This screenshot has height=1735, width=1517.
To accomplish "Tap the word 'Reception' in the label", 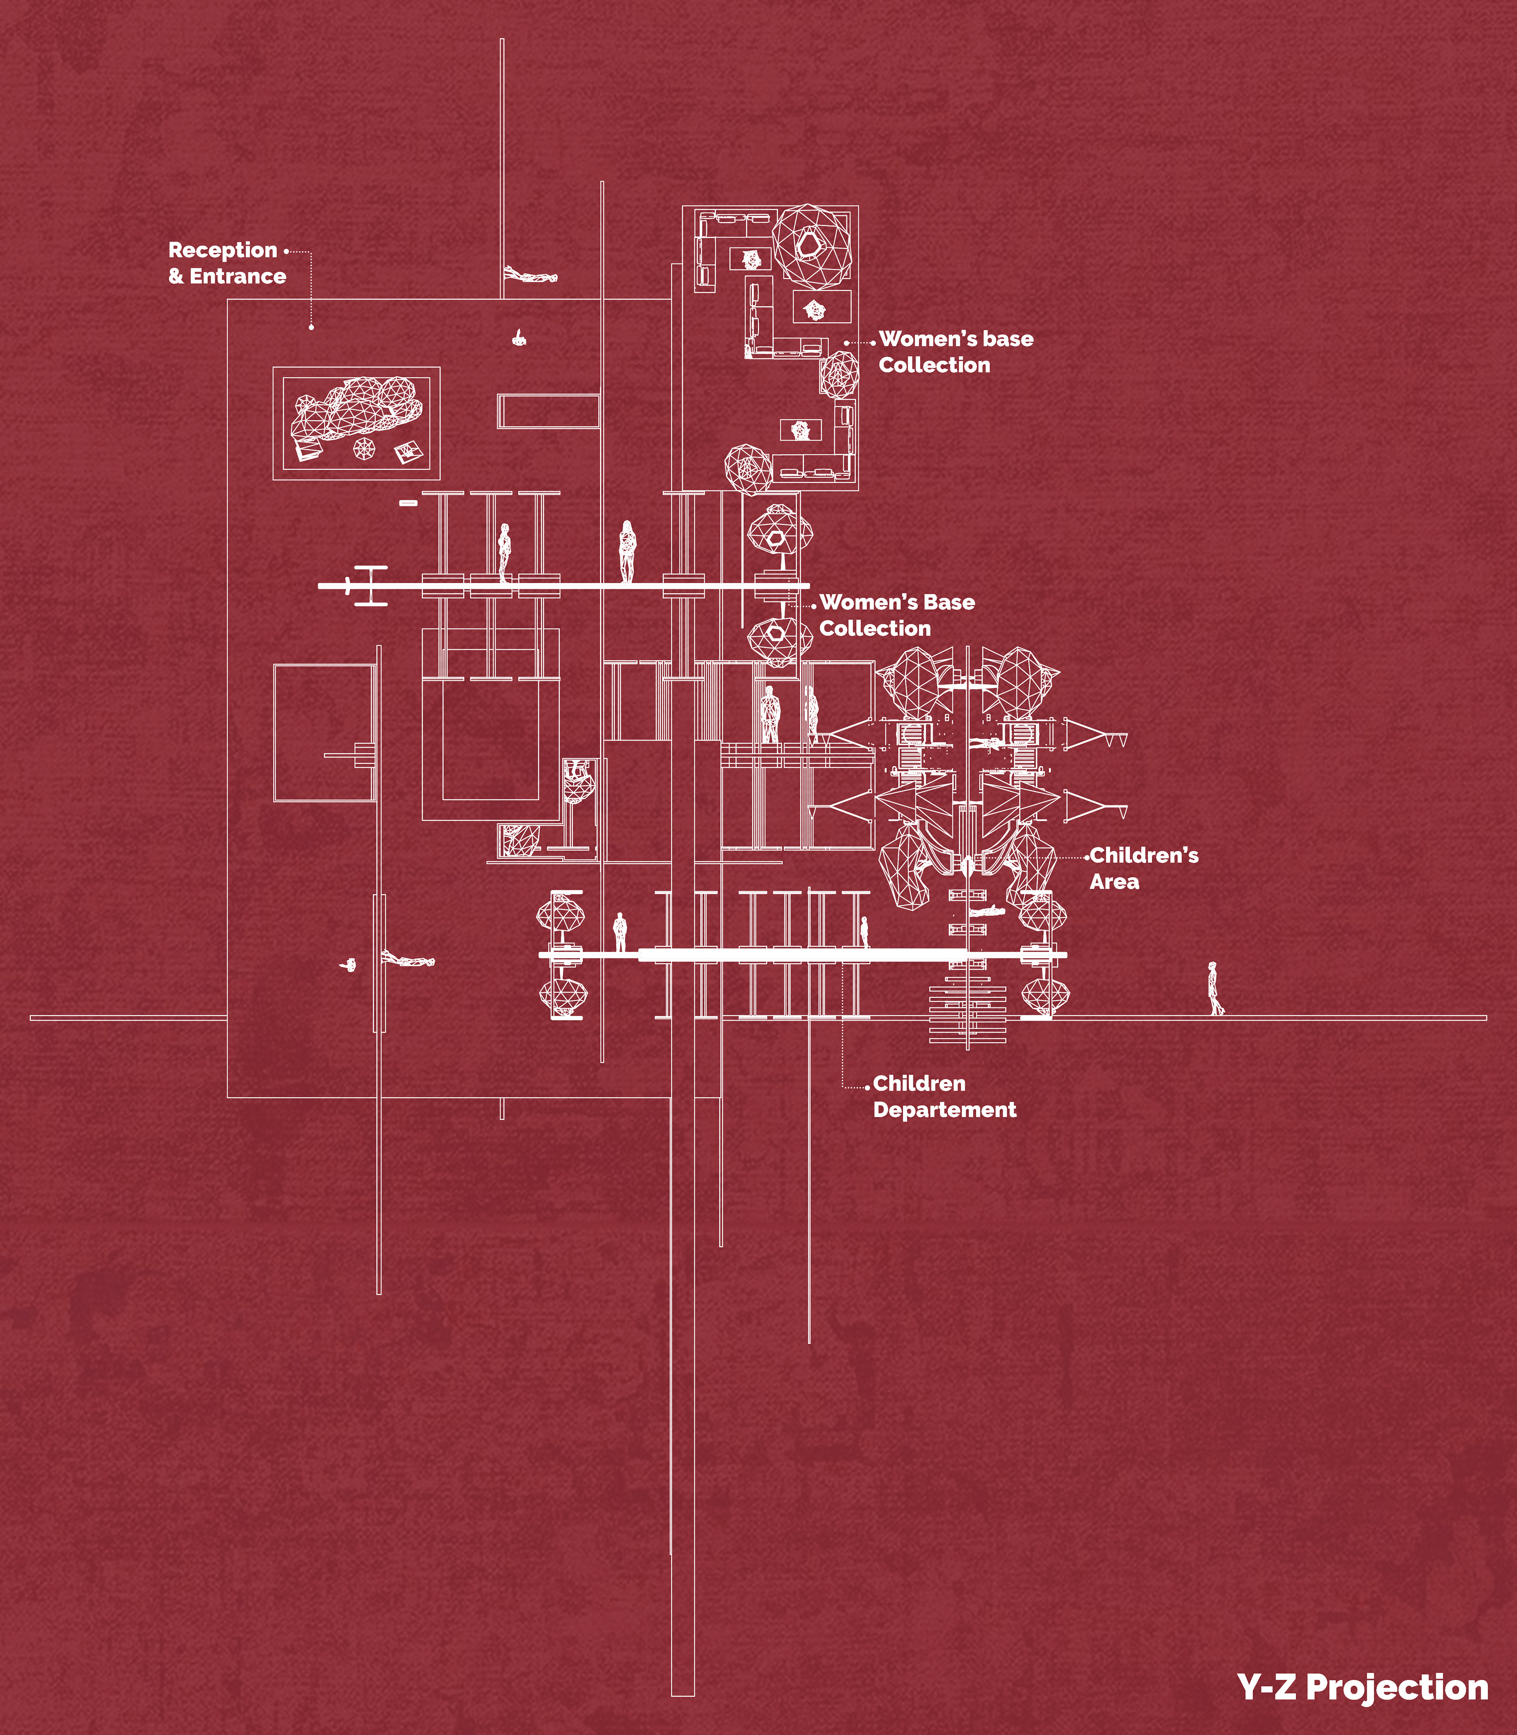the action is pos(223,251).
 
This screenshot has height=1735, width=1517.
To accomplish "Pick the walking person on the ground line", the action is pos(1216,989).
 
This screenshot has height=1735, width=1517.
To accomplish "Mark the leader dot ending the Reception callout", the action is pos(312,327).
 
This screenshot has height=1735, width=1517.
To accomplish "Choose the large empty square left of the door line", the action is pos(324,733).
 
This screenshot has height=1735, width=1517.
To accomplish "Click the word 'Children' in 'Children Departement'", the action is pos(918,1084).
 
